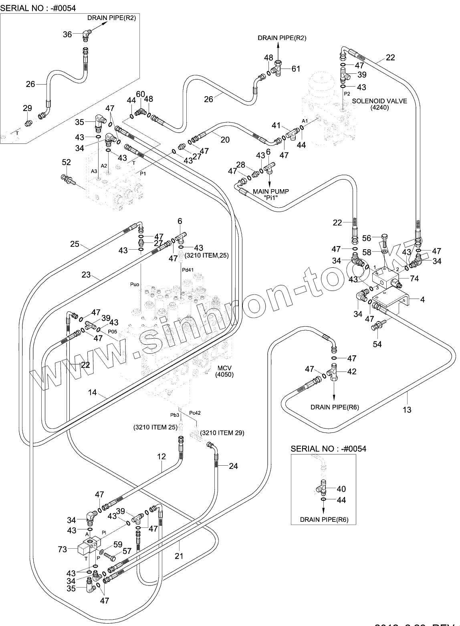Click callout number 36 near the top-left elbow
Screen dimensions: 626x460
coord(67,34)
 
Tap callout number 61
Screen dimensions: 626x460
coord(296,69)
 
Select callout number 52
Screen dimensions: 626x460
coord(66,162)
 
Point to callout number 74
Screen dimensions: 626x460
coord(414,279)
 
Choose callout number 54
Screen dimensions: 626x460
coord(377,344)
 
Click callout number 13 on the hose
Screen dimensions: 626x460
coord(407,410)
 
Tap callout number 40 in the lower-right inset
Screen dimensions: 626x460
coord(341,489)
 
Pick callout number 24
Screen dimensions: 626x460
coord(233,466)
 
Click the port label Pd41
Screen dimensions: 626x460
coord(188,270)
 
